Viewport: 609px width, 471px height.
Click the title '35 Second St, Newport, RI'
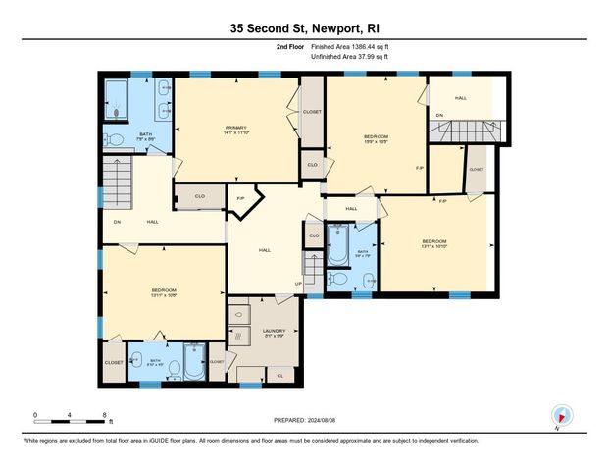click(304, 29)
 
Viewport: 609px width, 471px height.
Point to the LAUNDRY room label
click(274, 332)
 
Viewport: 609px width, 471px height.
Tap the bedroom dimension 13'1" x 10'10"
click(433, 247)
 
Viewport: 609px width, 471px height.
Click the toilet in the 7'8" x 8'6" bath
click(115, 140)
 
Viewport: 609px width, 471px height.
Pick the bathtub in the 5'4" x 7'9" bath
click(338, 246)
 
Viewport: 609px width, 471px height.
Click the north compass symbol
click(561, 415)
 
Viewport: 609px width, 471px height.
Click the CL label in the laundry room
click(279, 375)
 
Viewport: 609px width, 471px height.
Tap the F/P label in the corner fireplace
click(240, 199)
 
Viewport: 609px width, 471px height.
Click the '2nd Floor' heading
click(288, 46)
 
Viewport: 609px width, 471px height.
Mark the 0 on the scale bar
click(35, 416)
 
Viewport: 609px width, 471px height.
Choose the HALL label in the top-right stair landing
click(460, 98)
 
